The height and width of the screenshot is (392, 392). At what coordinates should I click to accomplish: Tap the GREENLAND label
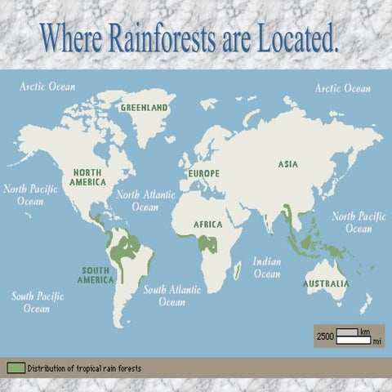click(x=144, y=107)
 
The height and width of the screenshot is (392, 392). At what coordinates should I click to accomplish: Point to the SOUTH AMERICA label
click(x=96, y=275)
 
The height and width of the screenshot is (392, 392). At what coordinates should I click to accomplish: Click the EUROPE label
click(x=204, y=174)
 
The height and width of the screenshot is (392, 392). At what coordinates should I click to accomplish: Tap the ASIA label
click(x=287, y=164)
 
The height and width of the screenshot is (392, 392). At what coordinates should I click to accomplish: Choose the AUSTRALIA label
click(x=326, y=284)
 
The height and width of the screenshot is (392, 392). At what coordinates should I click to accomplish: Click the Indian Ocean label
click(x=267, y=268)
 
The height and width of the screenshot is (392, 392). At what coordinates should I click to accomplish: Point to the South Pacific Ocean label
click(x=37, y=302)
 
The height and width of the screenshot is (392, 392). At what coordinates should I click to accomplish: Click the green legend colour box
click(x=16, y=368)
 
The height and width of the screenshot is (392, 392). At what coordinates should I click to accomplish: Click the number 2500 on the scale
click(x=325, y=336)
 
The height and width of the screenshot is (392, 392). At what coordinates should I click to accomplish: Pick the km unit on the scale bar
click(x=365, y=332)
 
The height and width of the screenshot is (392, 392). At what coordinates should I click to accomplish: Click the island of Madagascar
click(x=236, y=270)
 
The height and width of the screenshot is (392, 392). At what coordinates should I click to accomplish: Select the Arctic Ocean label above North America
click(x=47, y=87)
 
